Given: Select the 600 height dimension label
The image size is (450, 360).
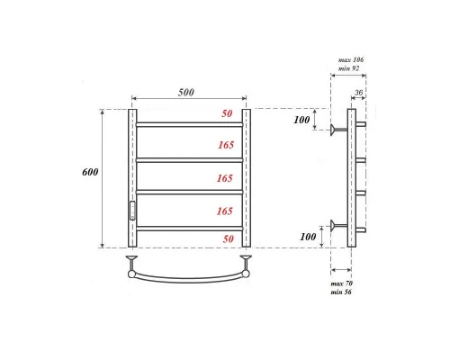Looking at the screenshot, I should point(113,172).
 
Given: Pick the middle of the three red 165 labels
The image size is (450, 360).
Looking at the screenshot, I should point(224,177).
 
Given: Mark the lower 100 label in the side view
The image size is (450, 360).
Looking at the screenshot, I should point(309,237).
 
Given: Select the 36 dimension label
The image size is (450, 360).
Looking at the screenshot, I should point(359,92).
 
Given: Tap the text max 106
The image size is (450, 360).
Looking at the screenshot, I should point(350,59).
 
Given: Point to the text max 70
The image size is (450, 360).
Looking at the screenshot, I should point(343,284).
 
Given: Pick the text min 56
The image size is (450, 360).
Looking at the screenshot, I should point(343,293).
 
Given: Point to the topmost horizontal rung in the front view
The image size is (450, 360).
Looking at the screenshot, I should point(189,124).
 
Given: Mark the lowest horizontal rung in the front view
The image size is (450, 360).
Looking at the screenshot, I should point(189,227).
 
